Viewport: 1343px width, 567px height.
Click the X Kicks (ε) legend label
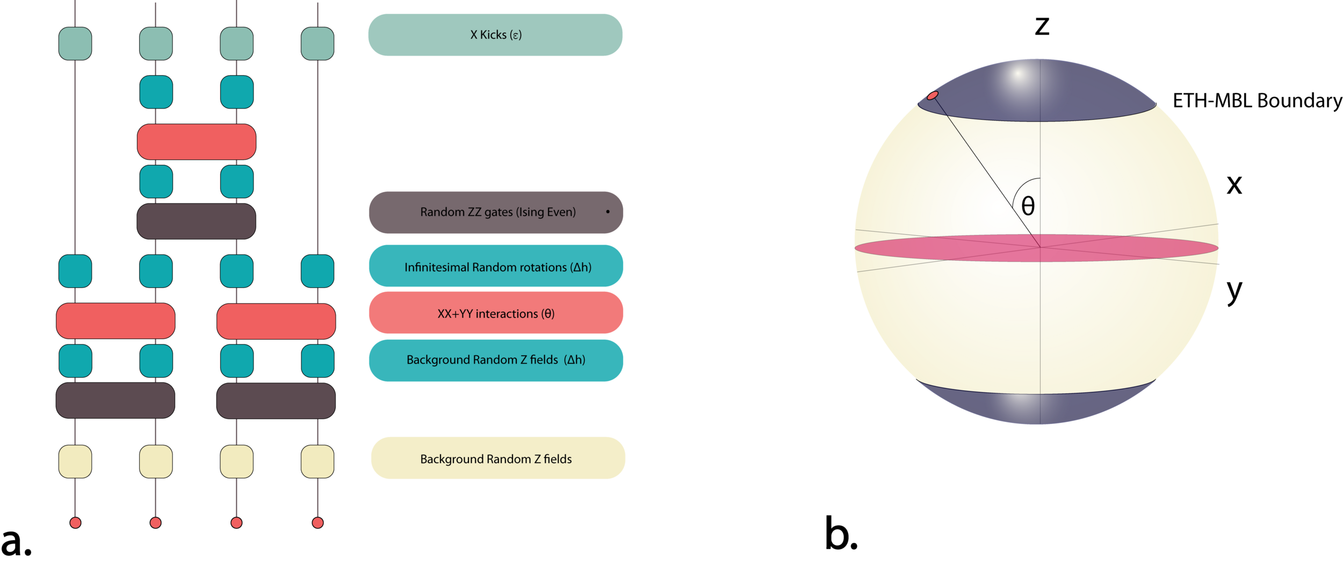pos(495,35)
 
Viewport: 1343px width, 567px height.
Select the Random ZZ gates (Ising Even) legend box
pos(496,212)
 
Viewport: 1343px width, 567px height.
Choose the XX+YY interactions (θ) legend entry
pos(496,313)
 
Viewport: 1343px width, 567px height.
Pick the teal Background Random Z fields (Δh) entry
pos(496,360)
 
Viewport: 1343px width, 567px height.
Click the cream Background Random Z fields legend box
pos(498,458)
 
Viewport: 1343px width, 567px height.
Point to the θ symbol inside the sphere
pos(1028,206)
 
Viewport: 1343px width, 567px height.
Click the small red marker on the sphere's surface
pos(933,96)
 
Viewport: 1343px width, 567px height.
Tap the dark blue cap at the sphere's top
pos(1037,91)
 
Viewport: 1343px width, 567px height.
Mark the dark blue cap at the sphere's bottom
pos(1037,408)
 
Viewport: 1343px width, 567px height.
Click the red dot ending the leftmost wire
pos(75,522)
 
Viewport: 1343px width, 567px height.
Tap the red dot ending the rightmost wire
pos(317,522)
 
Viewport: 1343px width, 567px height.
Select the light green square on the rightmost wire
pos(317,44)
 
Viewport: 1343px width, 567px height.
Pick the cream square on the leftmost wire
pos(75,461)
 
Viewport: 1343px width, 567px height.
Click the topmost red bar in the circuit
pos(197,142)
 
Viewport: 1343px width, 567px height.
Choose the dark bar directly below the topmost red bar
pos(197,221)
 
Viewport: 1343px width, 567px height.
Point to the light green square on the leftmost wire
pos(75,44)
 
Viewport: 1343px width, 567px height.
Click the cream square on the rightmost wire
pos(317,461)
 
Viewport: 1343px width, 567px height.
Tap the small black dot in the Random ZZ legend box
pos(608,212)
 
